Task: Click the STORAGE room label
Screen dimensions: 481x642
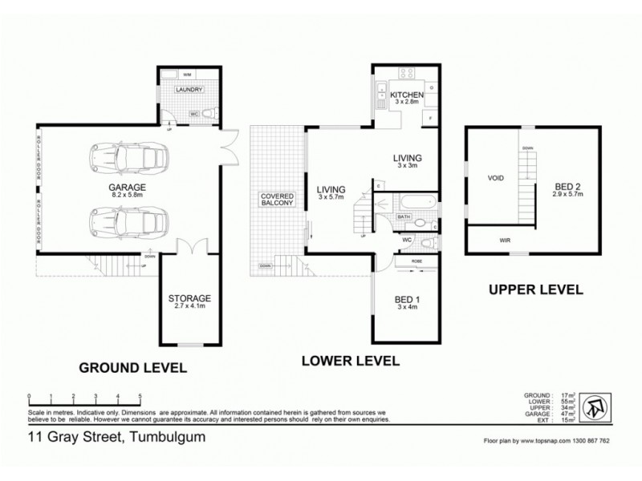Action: [189, 298]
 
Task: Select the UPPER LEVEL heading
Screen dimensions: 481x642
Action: [536, 289]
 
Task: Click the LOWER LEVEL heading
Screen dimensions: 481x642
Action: [350, 361]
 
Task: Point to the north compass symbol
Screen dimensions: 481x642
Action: [595, 406]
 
